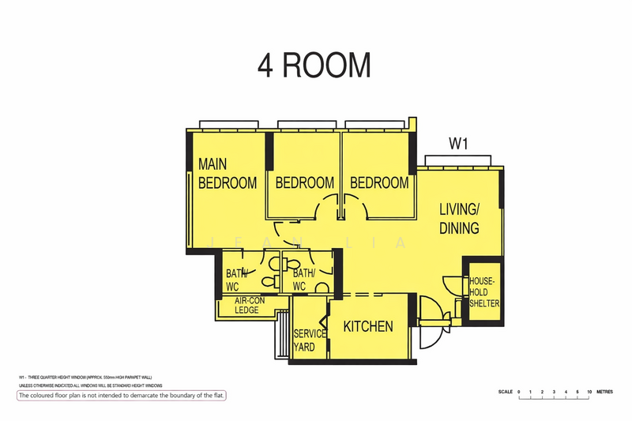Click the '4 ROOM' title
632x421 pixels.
314,65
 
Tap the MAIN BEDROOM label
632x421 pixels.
227,174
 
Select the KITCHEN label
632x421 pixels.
368,326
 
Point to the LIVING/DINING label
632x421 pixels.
460,219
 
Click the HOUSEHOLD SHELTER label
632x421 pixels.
483,292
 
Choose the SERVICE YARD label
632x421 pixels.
310,340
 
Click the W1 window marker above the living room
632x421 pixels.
460,144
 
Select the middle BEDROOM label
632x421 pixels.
304,182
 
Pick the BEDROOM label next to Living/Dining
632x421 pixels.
379,182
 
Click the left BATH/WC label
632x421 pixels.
237,280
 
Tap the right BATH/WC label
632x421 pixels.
306,280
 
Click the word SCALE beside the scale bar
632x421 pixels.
505,392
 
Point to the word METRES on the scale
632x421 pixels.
607,392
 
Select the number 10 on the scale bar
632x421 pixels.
589,392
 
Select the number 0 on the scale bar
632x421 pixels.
519,392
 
